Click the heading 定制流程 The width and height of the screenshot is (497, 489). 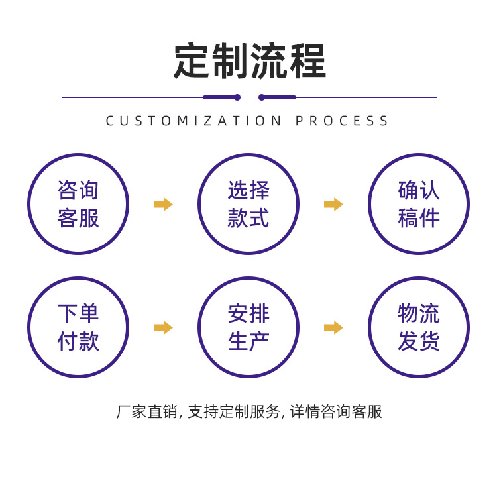[249, 62]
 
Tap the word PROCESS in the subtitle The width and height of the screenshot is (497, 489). [343, 121]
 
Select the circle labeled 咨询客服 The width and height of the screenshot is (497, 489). [78, 204]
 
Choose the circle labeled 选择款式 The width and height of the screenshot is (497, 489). [248, 204]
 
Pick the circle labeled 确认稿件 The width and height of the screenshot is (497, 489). [419, 204]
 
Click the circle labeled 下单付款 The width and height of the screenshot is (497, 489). [78, 327]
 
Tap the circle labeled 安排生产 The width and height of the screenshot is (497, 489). [248, 327]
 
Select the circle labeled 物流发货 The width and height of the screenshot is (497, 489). [419, 327]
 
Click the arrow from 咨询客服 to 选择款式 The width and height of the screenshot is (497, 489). [163, 204]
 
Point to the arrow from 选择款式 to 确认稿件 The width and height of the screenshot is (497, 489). [333, 204]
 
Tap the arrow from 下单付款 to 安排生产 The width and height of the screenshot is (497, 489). [163, 327]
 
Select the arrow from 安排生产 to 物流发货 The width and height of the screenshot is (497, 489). [333, 327]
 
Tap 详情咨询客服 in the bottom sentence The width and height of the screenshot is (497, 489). [336, 411]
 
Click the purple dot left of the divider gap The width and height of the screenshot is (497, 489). [237, 97]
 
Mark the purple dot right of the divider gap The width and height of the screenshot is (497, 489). [262, 97]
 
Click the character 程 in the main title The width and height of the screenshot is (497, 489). [307, 62]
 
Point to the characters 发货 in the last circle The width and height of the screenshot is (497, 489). [419, 341]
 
